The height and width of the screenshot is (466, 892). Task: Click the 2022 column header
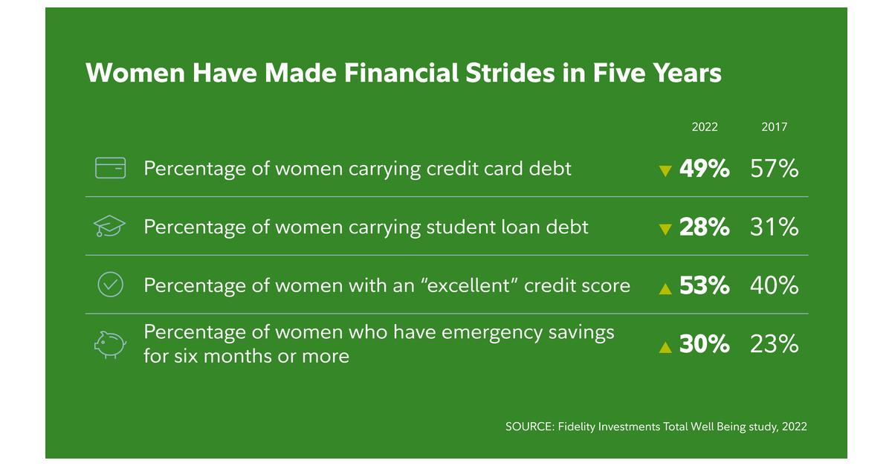tap(705, 127)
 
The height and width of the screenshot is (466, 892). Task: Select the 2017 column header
tap(775, 127)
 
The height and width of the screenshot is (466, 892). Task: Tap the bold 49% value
tap(704, 169)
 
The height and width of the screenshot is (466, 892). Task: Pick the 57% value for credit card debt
tap(775, 169)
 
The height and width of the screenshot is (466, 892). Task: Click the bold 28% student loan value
tap(704, 227)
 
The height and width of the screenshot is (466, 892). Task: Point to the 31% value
tap(775, 227)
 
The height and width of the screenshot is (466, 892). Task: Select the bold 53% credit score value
tap(704, 285)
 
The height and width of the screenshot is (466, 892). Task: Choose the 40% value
tap(775, 285)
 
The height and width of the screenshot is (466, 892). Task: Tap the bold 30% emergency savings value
tap(704, 344)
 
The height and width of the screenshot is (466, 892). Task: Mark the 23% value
tap(775, 344)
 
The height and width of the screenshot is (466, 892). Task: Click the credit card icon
tap(111, 168)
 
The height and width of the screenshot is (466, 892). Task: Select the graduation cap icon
tap(111, 227)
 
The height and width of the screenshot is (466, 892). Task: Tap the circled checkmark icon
tap(111, 285)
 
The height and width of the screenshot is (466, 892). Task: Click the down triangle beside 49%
tap(665, 171)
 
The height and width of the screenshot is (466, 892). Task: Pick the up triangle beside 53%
tap(665, 288)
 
